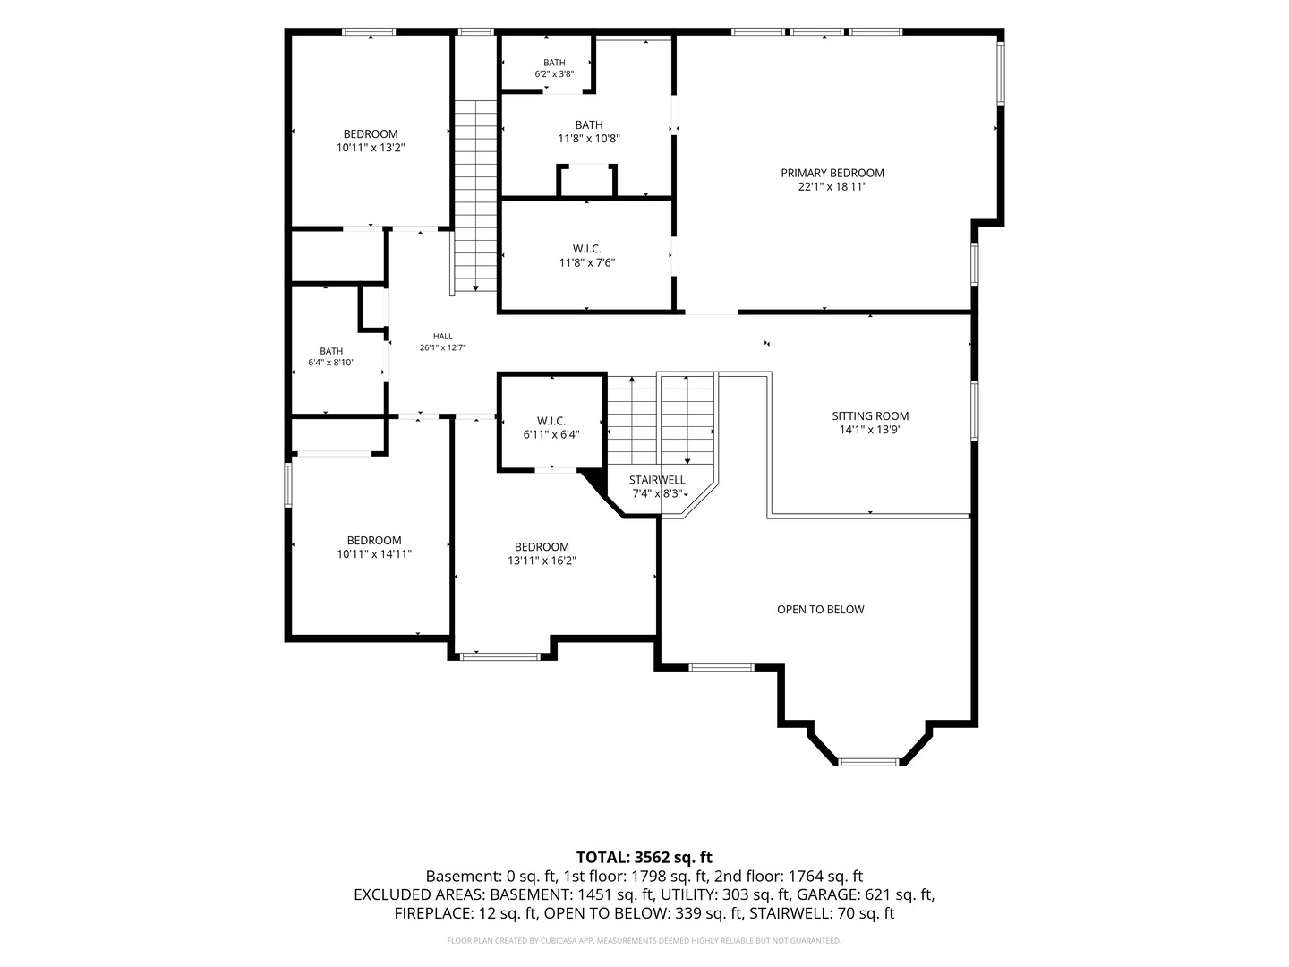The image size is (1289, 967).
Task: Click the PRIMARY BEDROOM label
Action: [x=832, y=173]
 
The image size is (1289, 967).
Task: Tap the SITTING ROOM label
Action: [x=870, y=416]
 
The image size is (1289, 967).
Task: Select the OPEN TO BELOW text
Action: [x=820, y=610]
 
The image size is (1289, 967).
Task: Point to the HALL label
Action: [x=443, y=337]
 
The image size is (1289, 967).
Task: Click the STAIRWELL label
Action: [x=657, y=480]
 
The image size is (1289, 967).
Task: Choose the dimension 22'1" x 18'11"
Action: [x=832, y=187]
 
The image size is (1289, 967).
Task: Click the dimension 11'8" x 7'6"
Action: [x=586, y=263]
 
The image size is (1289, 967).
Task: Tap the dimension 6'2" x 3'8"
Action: [x=554, y=74]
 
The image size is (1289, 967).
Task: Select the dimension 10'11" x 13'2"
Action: [x=371, y=148]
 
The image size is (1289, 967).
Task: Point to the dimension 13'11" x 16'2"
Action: [x=542, y=561]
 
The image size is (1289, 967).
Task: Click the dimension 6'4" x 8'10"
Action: [x=331, y=363]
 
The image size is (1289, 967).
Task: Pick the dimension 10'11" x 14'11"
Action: [x=374, y=554]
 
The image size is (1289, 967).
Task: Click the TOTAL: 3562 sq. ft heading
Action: [x=644, y=858]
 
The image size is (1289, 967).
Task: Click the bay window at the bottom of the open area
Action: [x=868, y=762]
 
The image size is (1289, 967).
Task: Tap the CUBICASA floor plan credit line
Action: [x=644, y=940]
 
